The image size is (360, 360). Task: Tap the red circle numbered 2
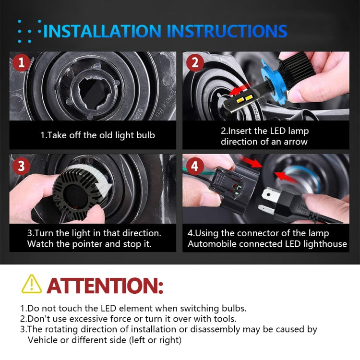tap(194, 63)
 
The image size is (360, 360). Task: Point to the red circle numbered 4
tap(194, 167)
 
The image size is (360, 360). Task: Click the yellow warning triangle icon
tap(32, 284)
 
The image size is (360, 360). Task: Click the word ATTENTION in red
tap(105, 285)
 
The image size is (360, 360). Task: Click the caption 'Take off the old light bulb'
tap(97, 135)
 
